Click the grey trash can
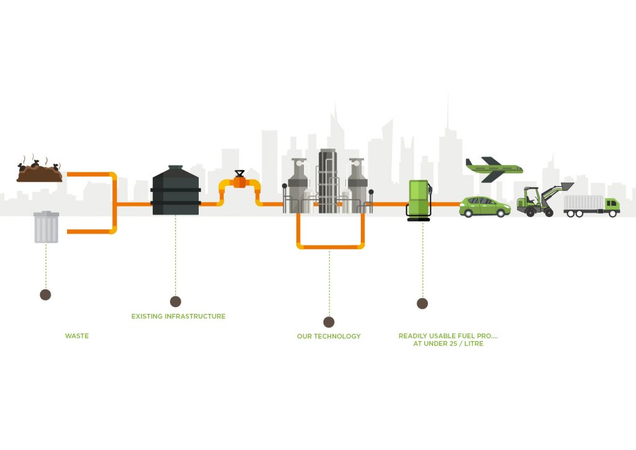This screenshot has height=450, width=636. coord(46,227)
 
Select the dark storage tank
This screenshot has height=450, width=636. coord(175,191)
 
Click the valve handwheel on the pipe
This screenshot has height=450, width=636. coord(240,173)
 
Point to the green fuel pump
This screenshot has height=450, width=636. coord(419,200)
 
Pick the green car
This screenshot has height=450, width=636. coord(484,206)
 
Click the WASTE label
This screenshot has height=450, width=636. coord(77,336)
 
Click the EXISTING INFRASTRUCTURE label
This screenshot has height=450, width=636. coord(178,316)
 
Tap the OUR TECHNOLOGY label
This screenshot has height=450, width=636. coord(329,336)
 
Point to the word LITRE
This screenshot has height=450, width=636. coord(470,344)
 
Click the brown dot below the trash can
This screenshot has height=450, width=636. coord(45,295)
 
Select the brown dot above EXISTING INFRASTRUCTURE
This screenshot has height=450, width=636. coord(175,301)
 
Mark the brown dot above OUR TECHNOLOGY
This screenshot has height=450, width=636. coord(329,322)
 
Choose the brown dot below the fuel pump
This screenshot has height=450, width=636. coord(422,303)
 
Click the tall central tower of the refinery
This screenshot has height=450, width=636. coord(327,180)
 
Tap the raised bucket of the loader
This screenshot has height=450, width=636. coord(566,187)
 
